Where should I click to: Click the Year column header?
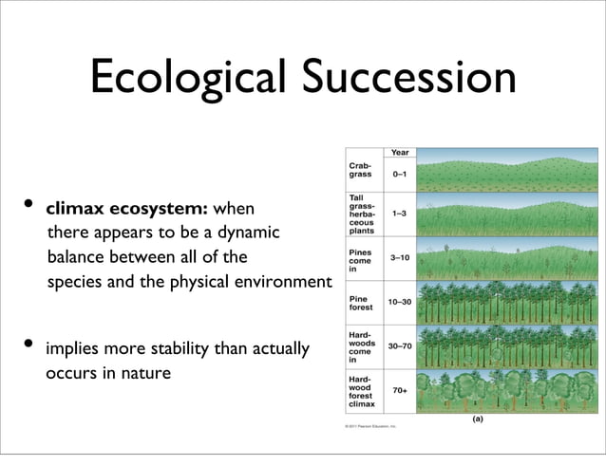point(400,152)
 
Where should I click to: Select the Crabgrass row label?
point(359,170)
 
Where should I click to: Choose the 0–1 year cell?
point(400,175)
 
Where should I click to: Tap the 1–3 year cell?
point(400,214)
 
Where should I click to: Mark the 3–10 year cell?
point(400,257)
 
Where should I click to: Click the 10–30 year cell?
point(400,301)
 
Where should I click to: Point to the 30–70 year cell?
point(400,345)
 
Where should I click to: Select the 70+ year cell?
point(400,389)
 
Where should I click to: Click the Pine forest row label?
point(359,302)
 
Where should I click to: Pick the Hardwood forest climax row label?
point(361,390)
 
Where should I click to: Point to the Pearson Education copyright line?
point(370,427)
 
